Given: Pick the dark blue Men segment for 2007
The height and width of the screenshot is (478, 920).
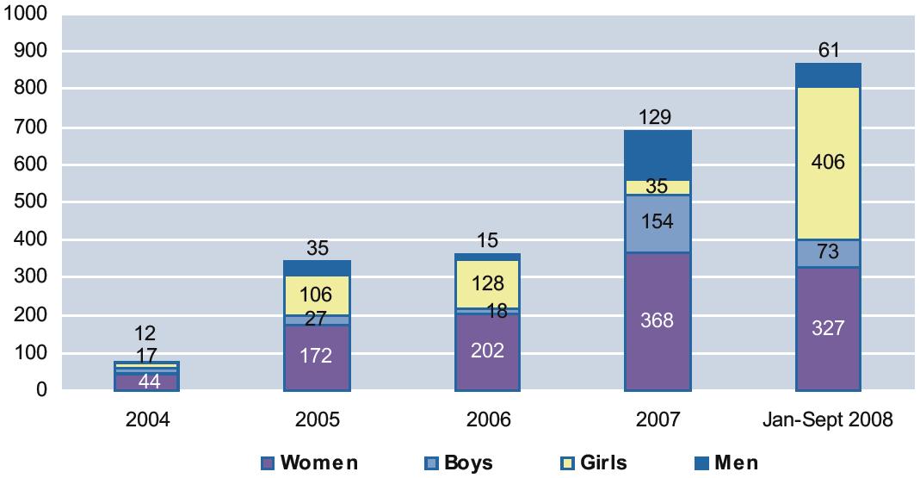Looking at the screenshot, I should click(658, 155).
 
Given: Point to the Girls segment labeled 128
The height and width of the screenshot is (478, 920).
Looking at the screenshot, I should click(487, 283).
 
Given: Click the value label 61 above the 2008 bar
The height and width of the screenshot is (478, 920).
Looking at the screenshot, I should click(828, 50).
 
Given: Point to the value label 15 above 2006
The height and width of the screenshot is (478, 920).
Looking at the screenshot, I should click(487, 240).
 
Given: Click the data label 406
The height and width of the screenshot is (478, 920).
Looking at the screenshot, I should click(828, 163).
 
